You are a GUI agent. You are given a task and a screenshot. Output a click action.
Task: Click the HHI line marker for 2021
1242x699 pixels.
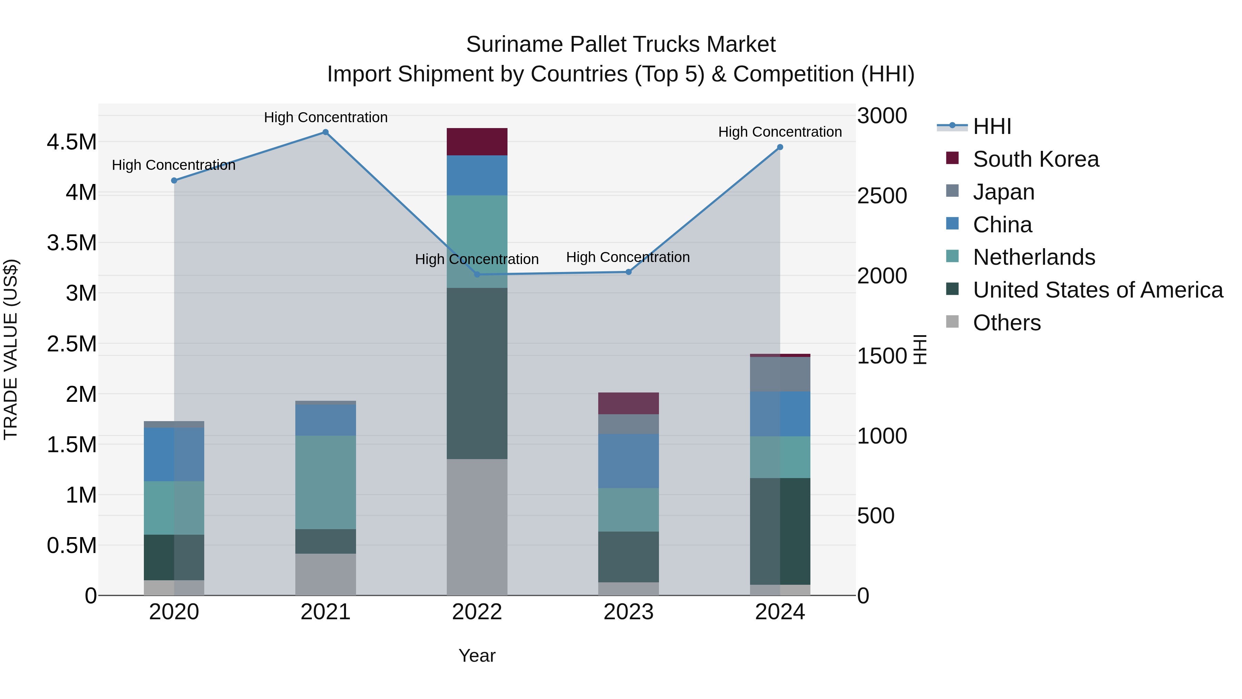pos(325,132)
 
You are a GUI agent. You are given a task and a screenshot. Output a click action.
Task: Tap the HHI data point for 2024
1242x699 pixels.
pos(780,147)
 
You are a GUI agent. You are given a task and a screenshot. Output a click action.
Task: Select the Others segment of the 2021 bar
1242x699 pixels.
pos(325,574)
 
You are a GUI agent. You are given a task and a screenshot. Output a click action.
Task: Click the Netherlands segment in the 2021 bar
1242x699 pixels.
pos(325,483)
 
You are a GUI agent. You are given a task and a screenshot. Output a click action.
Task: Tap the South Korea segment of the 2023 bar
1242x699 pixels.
pos(628,403)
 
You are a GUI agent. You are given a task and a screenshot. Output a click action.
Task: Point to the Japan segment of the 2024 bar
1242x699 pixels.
pos(780,374)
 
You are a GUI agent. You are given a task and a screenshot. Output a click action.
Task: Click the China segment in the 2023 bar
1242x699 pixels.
pos(628,461)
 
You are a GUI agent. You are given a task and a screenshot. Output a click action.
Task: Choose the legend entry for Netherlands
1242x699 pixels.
pos(1034,257)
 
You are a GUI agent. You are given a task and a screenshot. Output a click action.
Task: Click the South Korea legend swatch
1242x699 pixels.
pos(952,158)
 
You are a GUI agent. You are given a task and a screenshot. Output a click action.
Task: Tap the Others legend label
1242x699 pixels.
pos(1007,323)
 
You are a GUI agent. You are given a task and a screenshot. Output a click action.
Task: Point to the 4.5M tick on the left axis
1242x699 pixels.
pos(71,142)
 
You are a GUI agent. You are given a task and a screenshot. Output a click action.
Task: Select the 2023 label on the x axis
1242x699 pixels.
pos(628,612)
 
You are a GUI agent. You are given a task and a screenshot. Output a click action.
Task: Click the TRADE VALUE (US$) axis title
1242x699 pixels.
pos(11,349)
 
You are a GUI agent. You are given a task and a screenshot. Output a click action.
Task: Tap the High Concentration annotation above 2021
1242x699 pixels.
pos(325,117)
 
